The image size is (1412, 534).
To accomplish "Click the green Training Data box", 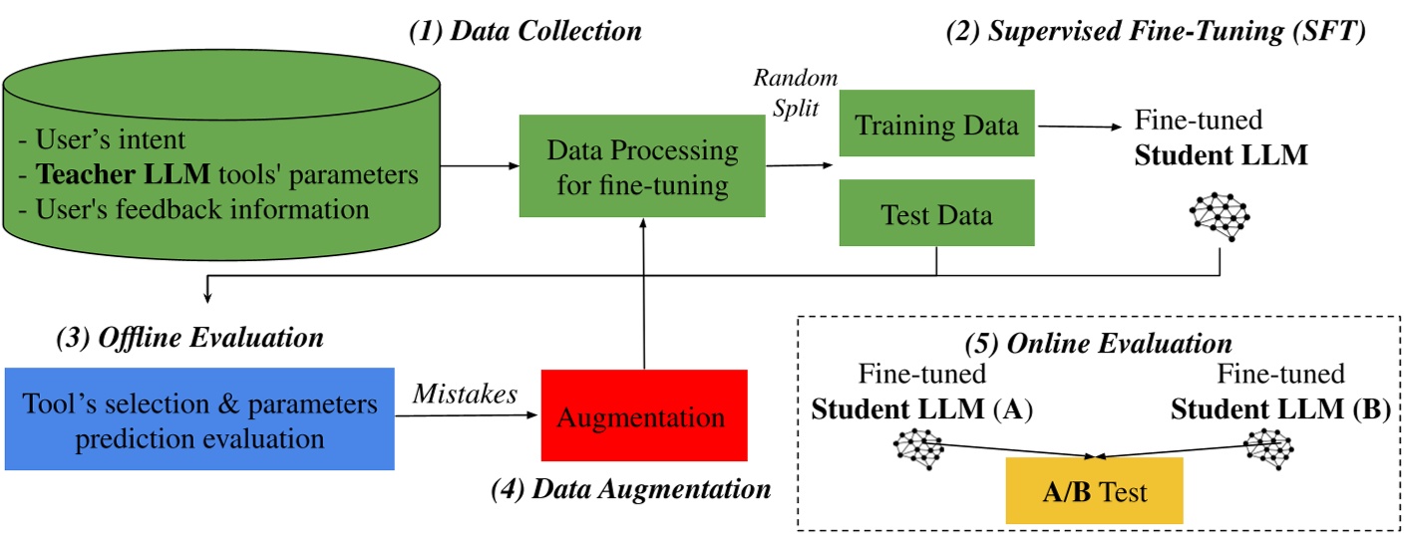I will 936,124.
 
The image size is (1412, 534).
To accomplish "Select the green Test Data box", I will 936,212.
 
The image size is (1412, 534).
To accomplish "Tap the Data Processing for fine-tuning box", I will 642,166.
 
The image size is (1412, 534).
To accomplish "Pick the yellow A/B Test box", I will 1094,491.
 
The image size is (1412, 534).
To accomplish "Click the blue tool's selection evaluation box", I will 199,419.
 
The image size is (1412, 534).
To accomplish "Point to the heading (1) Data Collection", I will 525,31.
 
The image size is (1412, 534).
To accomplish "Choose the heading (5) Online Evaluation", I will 1098,344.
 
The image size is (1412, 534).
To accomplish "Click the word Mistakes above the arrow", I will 465,395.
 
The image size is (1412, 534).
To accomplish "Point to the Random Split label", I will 795,92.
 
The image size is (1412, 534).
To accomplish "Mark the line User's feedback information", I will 202,209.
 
